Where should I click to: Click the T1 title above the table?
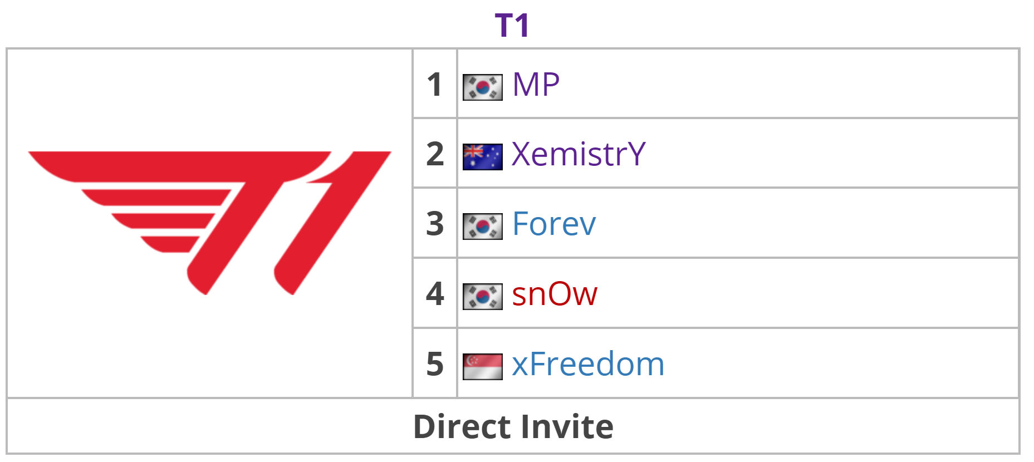pyautogui.click(x=512, y=26)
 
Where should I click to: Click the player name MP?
pyautogui.click(x=536, y=85)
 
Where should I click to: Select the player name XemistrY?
pyautogui.click(x=579, y=154)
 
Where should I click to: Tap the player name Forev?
pyautogui.click(x=553, y=224)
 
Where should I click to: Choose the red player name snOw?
pyautogui.click(x=555, y=294)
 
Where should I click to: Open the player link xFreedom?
pyautogui.click(x=588, y=364)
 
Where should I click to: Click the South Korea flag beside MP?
pyautogui.click(x=483, y=87)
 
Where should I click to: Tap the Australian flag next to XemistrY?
pyautogui.click(x=483, y=157)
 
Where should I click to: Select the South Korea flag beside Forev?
pyautogui.click(x=483, y=227)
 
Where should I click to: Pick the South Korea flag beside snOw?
pyautogui.click(x=483, y=297)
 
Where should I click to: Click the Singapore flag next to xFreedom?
pyautogui.click(x=483, y=367)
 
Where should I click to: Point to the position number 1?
pyautogui.click(x=434, y=85)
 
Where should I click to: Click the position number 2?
pyautogui.click(x=435, y=154)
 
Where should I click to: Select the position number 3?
pyautogui.click(x=435, y=224)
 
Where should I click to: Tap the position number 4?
pyautogui.click(x=435, y=294)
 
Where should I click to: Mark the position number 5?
pyautogui.click(x=435, y=364)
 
